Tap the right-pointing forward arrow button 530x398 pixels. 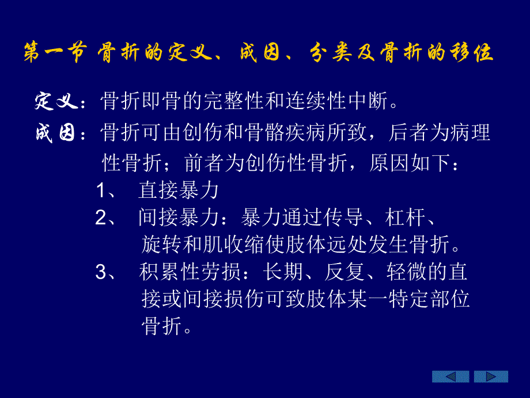491,377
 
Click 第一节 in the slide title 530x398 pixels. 55,52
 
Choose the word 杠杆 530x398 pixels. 403,217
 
